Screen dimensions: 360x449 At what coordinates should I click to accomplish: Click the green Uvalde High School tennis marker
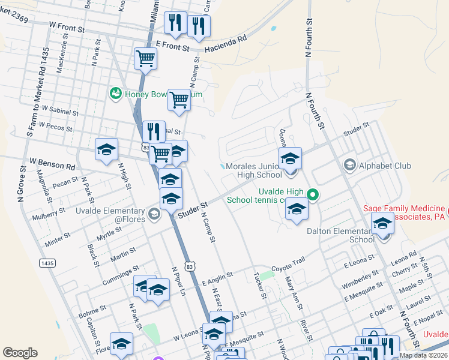312,194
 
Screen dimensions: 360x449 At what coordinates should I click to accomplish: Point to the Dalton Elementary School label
340,235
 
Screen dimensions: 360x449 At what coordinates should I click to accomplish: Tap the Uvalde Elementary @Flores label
110,215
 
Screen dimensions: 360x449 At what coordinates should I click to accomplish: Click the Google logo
20,352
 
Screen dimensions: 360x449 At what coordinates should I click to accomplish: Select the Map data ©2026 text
424,355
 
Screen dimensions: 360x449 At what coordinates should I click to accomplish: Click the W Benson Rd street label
52,163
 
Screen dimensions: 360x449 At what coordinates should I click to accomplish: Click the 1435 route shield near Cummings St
46,263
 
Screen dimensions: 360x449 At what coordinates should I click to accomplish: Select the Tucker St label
260,284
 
